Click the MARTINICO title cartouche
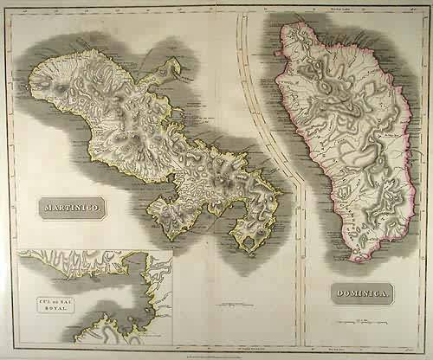pyautogui.click(x=73, y=207)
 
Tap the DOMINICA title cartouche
pyautogui.click(x=363, y=292)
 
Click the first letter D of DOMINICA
pyautogui.click(x=339, y=293)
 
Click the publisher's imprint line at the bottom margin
pyautogui.click(x=216, y=350)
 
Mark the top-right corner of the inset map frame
pyautogui.click(x=172, y=251)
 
